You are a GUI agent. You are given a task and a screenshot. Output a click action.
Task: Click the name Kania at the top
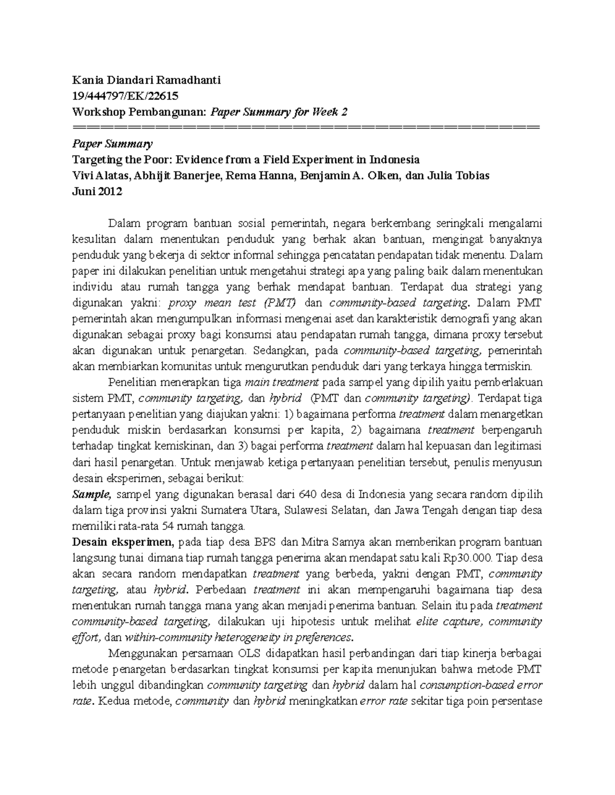click(87, 80)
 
